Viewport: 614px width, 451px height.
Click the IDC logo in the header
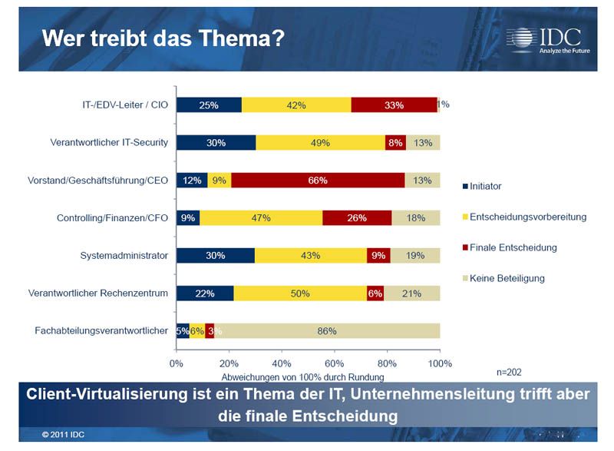pyautogui.click(x=543, y=38)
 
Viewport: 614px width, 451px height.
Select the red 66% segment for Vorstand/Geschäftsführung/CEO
pyautogui.click(x=318, y=181)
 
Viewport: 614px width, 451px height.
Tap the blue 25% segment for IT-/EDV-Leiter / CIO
pyautogui.click(x=209, y=105)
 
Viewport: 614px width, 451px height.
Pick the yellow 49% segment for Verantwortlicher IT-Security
pyautogui.click(x=320, y=143)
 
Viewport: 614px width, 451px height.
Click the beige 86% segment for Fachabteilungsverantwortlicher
pyautogui.click(x=327, y=330)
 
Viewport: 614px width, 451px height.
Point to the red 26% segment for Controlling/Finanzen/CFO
pyautogui.click(x=357, y=218)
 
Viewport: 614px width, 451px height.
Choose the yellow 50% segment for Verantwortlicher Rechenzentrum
pyautogui.click(x=300, y=293)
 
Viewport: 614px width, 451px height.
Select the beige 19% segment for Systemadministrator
pyautogui.click(x=414, y=255)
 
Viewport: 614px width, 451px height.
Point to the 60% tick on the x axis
pyautogui.click(x=334, y=363)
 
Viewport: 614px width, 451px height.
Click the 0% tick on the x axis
pyautogui.click(x=177, y=363)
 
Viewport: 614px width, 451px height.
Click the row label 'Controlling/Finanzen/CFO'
pyautogui.click(x=112, y=218)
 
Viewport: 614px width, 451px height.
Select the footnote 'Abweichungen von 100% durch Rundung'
pyautogui.click(x=302, y=376)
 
